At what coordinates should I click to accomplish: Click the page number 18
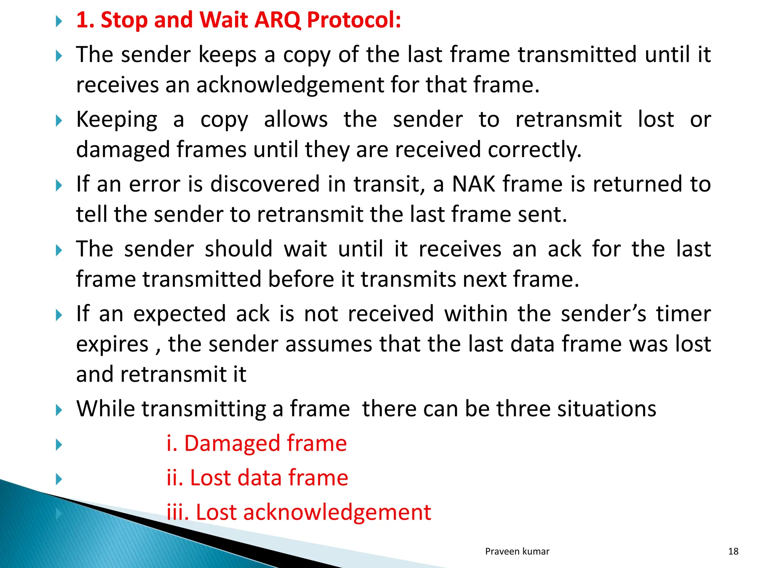click(x=733, y=551)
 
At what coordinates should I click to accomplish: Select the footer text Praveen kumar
click(x=517, y=551)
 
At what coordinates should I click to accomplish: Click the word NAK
click(x=473, y=184)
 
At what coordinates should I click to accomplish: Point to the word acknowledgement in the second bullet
click(x=290, y=85)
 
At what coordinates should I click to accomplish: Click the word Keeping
click(x=117, y=120)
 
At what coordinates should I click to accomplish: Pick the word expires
click(x=112, y=345)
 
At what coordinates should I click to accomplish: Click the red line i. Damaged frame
click(x=257, y=443)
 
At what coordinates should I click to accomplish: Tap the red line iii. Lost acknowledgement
click(x=299, y=512)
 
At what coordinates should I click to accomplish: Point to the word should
click(x=238, y=248)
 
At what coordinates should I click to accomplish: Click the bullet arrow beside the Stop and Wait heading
click(x=58, y=21)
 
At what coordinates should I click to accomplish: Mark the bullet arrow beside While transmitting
click(x=58, y=410)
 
